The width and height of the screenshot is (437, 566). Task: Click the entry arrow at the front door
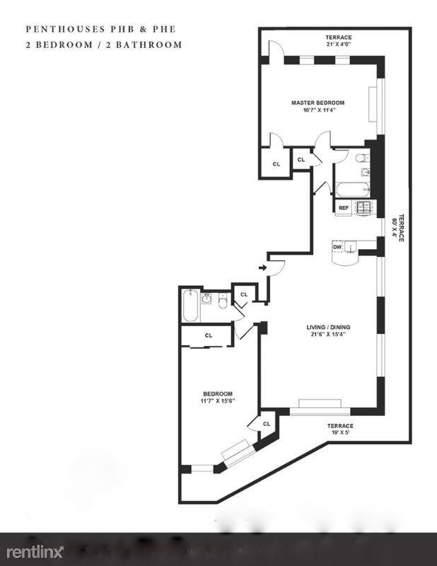263,267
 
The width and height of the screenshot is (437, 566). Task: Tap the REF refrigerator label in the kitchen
343,208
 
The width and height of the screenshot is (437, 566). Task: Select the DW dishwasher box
337,247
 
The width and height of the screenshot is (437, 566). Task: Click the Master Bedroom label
318,103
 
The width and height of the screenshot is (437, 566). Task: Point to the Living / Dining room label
328,328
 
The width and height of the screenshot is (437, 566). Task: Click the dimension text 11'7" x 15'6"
218,400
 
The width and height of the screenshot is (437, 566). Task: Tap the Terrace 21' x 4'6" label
339,40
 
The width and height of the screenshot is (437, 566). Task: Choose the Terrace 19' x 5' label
341,429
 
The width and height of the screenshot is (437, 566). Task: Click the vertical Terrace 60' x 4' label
397,228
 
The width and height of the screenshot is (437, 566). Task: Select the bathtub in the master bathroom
353,189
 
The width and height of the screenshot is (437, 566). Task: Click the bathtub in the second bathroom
190,306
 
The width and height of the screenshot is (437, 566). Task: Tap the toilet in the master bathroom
361,158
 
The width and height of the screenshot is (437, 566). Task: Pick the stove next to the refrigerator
364,208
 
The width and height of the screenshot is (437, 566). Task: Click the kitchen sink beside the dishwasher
350,247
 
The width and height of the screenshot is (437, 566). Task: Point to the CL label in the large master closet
276,164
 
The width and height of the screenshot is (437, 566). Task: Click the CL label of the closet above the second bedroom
209,335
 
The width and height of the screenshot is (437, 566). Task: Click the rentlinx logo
35,552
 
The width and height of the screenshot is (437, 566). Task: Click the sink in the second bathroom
206,299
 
